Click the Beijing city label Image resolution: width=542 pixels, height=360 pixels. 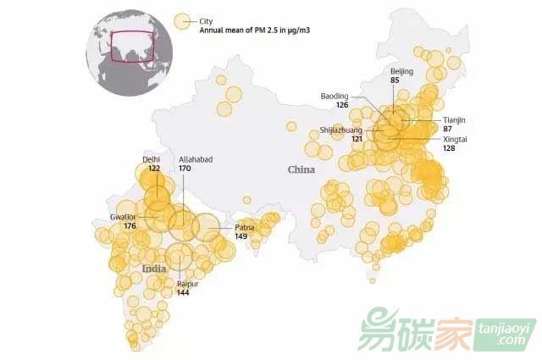coord(401,72)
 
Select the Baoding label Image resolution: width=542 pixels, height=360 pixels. coord(335,96)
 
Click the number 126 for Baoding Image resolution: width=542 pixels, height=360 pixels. coord(341,105)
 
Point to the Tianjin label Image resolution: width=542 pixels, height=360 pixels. coord(455,120)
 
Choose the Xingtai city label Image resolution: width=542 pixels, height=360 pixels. coord(455,138)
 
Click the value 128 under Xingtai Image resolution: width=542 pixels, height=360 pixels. coord(449,148)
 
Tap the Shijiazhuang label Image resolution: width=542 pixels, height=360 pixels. coord(341,130)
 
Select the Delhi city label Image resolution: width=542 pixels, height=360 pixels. coord(152,159)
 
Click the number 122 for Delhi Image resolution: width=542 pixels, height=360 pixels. coord(154,169)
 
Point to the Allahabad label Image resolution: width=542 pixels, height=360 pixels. coord(196,159)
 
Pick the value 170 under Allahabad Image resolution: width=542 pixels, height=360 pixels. coord(185,169)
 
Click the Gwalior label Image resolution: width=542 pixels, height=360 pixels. coord(123,217)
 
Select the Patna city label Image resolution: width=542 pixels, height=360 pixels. coord(244,227)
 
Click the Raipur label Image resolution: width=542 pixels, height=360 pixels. coord(187,284)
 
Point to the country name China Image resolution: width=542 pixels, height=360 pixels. coord(301,169)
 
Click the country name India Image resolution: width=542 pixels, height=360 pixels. coord(154,269)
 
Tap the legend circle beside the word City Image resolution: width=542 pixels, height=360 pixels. coord(181,22)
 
